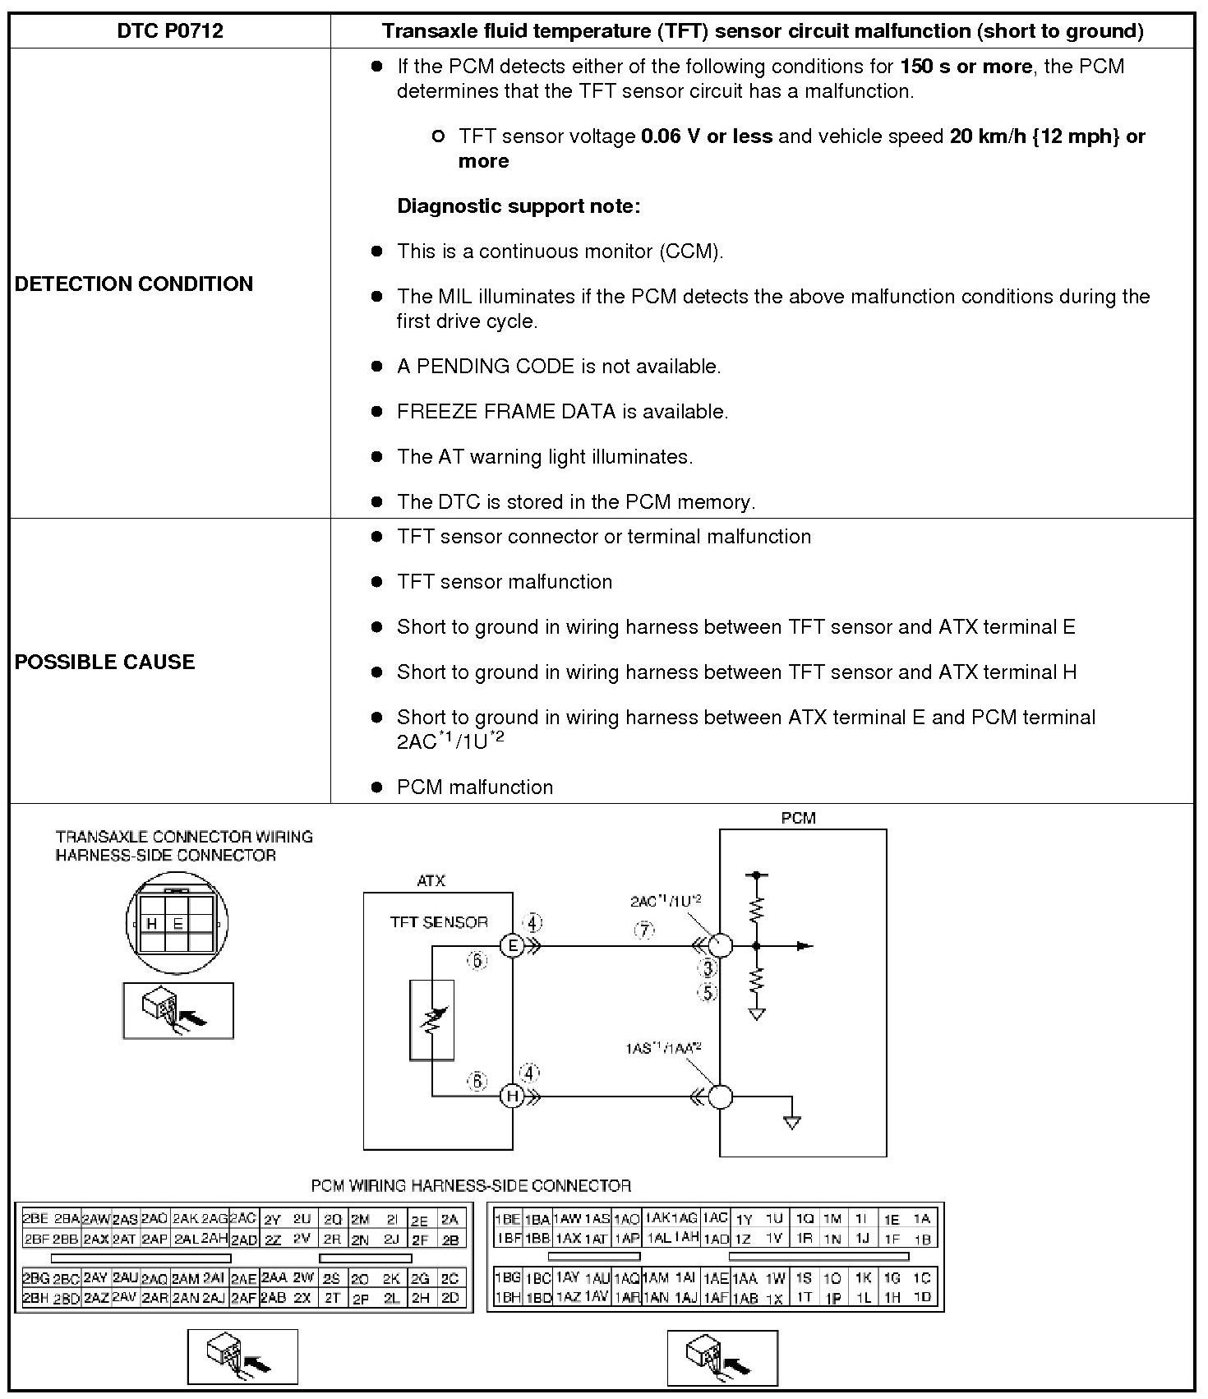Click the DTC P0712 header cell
pos(170,31)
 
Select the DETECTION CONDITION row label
pos(134,284)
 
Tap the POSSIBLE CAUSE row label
pos(104,662)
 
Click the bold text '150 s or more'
pos(966,67)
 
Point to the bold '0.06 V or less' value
pos(707,136)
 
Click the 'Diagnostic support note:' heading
pos(519,205)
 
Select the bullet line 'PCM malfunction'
pos(474,787)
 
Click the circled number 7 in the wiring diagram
pos(644,930)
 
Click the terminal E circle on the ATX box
pos(513,946)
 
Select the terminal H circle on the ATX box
pos(513,1096)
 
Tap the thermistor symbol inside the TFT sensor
pos(431,1019)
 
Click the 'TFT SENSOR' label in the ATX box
pos(439,922)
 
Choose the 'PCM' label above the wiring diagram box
pos(798,818)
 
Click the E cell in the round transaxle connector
pos(178,924)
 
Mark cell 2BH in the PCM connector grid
pos(35,1298)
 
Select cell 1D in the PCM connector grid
pos(922,1298)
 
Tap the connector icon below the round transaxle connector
pos(178,1010)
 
